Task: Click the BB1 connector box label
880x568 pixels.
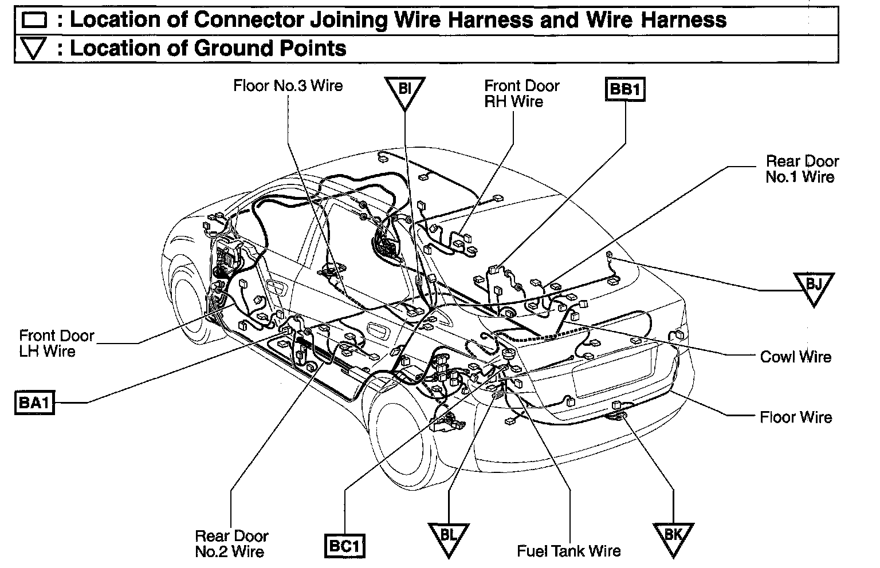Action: (624, 90)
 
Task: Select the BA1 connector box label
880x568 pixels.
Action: (34, 403)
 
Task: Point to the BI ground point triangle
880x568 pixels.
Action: (404, 92)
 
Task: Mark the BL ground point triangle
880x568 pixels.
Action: (448, 537)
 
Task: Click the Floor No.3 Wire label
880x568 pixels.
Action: (288, 86)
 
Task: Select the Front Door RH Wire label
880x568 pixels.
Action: (521, 93)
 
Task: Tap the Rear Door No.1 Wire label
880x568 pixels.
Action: (801, 169)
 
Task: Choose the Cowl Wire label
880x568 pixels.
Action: (795, 357)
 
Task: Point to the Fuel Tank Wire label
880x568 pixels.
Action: (568, 551)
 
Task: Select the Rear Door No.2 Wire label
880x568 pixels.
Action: (231, 544)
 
